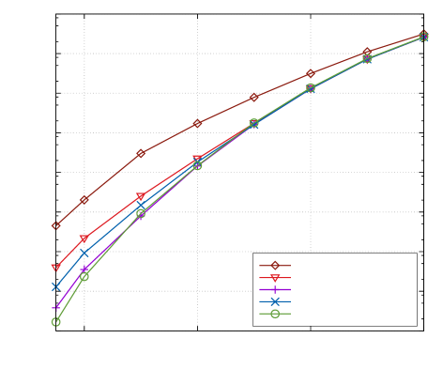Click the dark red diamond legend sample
tap(275, 266)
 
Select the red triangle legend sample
tap(275, 278)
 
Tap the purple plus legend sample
tap(275, 290)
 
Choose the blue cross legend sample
tap(275, 301)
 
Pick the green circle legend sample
tap(275, 314)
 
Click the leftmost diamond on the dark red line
tap(56, 225)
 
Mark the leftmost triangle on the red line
tap(56, 269)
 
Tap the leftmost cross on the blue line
tap(56, 287)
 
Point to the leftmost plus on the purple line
tap(56, 307)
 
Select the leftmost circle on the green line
tap(56, 322)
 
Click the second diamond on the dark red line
tap(84, 200)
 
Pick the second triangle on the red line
tap(84, 239)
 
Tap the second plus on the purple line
tap(84, 269)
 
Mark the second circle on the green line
tap(84, 277)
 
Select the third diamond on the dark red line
tap(141, 153)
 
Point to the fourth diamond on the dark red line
tap(197, 124)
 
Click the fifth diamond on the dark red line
tap(254, 97)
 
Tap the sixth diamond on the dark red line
tap(311, 73)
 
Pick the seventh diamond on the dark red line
tap(367, 52)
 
